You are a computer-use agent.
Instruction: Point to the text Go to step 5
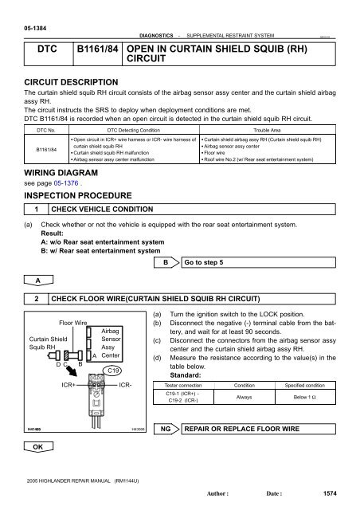(209, 261)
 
